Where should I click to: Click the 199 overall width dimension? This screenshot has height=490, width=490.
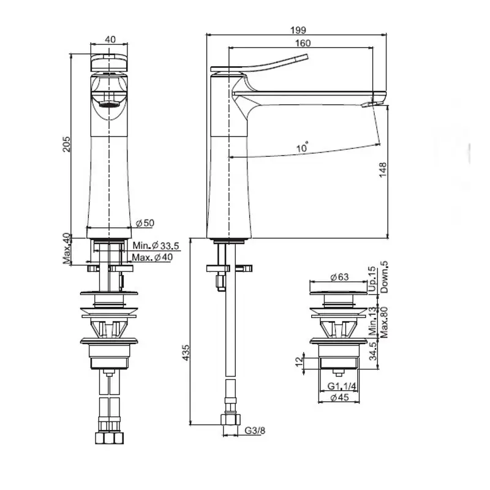tap(298, 30)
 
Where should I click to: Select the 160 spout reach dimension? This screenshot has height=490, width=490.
tap(303, 43)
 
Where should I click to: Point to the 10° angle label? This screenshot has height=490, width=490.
tap(302, 147)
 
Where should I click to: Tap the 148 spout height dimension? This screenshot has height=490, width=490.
tap(383, 170)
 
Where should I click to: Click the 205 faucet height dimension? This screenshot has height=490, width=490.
tap(67, 144)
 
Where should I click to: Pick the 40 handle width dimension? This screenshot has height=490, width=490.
tap(110, 39)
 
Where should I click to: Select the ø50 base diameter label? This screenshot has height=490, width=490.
tap(145, 223)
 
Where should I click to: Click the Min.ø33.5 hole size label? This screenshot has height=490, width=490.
tap(156, 246)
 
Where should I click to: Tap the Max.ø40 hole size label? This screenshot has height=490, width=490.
tap(152, 257)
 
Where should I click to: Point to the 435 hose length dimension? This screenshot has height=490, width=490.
tap(186, 353)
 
